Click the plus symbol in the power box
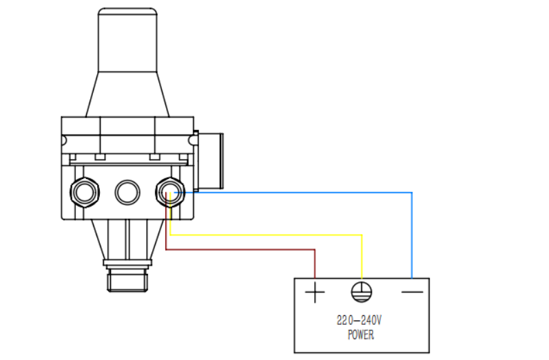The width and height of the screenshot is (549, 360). point(315,291)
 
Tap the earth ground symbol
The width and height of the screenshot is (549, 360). point(362,292)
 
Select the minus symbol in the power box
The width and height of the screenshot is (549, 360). point(412,291)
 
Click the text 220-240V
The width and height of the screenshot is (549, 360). point(360,320)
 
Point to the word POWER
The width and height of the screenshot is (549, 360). point(361,335)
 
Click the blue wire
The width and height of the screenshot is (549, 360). point(412,193)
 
